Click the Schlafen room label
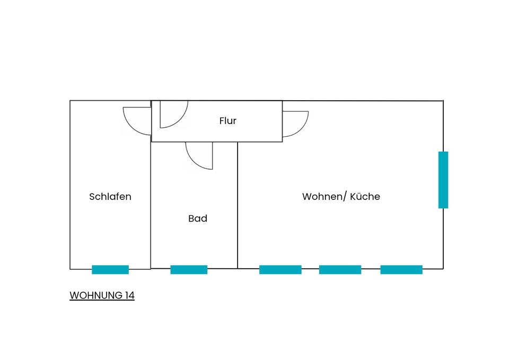tap(110, 197)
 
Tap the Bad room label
tap(198, 218)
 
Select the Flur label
tap(228, 121)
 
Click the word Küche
tap(366, 197)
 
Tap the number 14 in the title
tap(129, 295)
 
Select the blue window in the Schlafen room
tap(110, 269)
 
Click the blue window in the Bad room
tap(189, 269)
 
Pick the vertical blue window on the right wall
tap(443, 180)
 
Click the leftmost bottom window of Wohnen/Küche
tap(280, 269)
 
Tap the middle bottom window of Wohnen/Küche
tap(340, 269)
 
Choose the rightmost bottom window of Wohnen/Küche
tap(401, 269)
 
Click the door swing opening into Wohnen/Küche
tap(294, 124)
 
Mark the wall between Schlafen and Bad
tap(151, 212)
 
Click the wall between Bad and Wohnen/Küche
tap(238, 212)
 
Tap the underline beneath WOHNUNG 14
tap(102, 301)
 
